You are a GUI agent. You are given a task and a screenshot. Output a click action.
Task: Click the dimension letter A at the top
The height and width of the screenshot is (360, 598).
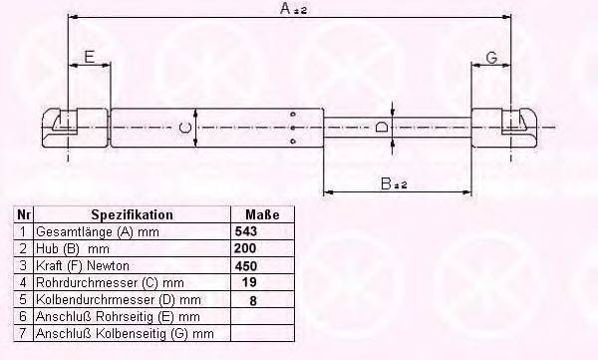286,8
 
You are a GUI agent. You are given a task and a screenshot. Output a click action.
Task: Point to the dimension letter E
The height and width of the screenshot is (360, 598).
89,57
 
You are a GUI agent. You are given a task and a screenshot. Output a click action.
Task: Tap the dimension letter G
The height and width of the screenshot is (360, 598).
492,57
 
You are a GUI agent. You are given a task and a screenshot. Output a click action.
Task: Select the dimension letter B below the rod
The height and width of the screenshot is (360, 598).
387,183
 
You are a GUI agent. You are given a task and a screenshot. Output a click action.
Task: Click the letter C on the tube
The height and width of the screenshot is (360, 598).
185,127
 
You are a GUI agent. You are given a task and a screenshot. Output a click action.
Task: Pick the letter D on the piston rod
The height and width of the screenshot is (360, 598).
382,127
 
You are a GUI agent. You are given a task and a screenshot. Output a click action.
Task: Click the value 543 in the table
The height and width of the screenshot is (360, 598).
246,231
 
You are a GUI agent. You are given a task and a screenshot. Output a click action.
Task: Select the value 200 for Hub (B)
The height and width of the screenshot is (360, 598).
245,248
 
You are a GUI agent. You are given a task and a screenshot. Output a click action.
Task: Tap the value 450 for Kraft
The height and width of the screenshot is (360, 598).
246,265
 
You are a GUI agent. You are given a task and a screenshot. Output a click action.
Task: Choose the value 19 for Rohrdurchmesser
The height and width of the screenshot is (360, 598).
249,282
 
